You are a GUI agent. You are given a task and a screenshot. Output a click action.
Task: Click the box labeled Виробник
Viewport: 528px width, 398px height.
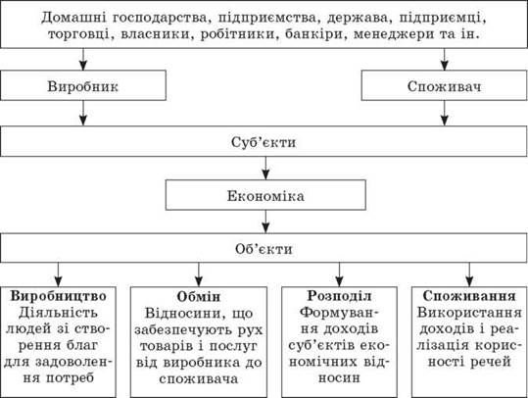click(83, 85)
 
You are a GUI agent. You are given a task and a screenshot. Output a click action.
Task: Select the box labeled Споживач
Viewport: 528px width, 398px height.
click(444, 85)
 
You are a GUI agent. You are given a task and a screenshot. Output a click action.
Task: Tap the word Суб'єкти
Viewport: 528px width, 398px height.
click(264, 142)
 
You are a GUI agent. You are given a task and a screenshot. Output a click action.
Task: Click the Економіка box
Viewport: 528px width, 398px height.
click(265, 195)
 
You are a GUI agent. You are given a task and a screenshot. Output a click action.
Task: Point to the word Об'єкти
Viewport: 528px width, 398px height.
click(264, 249)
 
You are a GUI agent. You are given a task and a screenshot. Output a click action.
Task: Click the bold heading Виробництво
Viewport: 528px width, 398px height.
click(59, 296)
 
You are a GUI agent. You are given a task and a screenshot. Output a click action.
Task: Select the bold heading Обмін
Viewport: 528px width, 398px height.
click(199, 297)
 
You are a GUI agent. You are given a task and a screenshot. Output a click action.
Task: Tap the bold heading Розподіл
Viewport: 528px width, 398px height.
click(339, 296)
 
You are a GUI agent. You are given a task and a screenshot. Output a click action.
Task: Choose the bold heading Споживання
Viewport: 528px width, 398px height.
click(469, 296)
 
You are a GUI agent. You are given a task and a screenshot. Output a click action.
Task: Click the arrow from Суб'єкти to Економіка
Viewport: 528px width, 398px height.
click(265, 168)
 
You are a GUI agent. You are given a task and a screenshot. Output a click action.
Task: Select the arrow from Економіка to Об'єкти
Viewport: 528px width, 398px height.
click(265, 222)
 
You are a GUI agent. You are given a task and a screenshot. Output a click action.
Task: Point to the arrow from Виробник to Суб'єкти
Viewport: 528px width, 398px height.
click(83, 114)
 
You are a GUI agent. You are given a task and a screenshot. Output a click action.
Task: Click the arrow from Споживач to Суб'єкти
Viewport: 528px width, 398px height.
click(445, 114)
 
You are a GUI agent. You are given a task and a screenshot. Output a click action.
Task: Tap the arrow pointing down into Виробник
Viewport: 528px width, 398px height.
click(83, 60)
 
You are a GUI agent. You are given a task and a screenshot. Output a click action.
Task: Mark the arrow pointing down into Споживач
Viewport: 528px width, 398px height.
click(445, 60)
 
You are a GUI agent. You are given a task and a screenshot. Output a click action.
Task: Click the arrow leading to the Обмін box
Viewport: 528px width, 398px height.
click(199, 274)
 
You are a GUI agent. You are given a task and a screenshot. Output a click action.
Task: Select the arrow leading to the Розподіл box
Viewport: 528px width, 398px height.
click(339, 274)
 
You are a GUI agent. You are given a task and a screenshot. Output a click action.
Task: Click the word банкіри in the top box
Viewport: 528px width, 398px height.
click(313, 34)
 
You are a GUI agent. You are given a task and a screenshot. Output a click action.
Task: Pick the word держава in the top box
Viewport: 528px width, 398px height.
click(358, 18)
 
